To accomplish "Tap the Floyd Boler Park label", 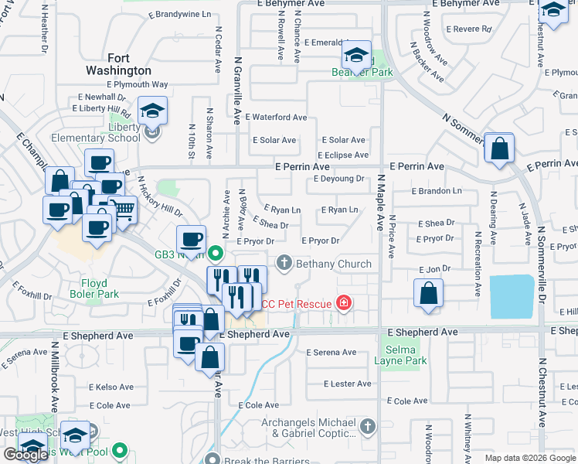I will coord(99,288).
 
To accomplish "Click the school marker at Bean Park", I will coord(356,54).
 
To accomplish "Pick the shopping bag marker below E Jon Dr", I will coord(428,294).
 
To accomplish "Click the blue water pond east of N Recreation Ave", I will coord(511,297).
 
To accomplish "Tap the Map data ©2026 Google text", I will coord(530,458).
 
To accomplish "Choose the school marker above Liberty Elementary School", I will coord(153,111).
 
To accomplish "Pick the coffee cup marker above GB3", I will coord(190,240).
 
